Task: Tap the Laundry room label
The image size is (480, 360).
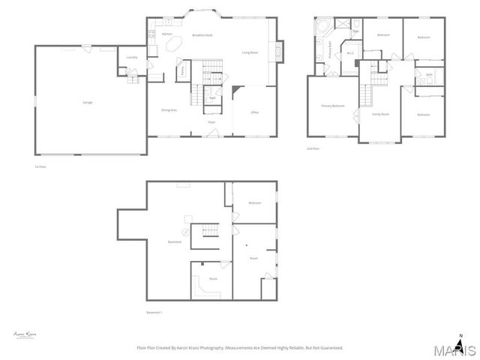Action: (x=131, y=57)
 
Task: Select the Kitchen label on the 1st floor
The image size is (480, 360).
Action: (x=166, y=34)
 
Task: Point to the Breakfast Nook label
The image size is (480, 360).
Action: (x=202, y=35)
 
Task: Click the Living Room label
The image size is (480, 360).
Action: (x=250, y=52)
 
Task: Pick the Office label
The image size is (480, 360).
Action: (x=255, y=112)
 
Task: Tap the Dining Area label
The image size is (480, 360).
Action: (x=169, y=110)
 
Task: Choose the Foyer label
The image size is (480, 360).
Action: (x=212, y=121)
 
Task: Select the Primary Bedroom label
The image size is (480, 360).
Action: (x=333, y=106)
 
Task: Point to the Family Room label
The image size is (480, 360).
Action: (x=380, y=114)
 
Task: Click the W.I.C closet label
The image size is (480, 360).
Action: (x=349, y=53)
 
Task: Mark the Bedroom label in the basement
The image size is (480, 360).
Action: (x=255, y=202)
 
